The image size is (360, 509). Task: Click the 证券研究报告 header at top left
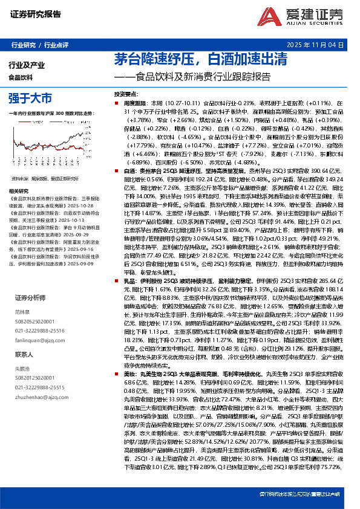36,15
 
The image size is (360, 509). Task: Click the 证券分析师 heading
31,298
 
